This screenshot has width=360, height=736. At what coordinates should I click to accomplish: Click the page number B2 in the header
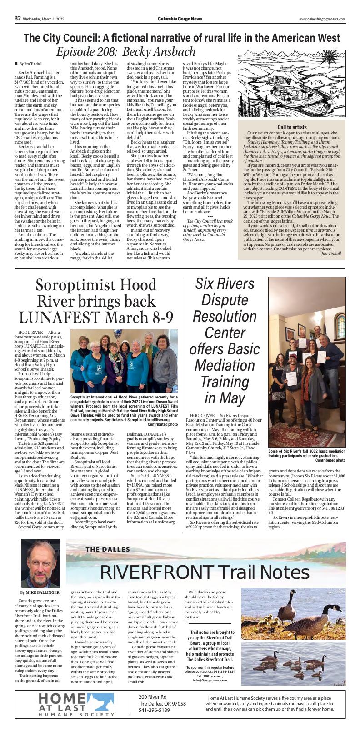[x=17, y=19]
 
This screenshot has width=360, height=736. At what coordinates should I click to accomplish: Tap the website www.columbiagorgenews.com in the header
[x=322, y=19]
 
